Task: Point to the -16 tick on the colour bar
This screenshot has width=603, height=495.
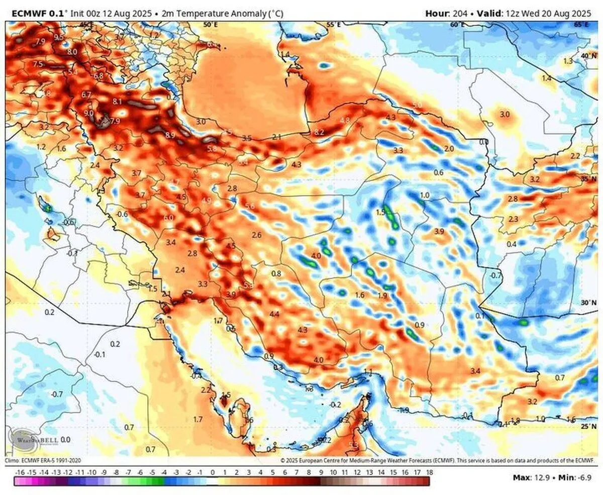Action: tap(20, 473)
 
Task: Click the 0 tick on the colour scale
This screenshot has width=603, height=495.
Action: tap(213, 473)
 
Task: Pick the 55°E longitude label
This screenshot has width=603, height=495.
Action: tap(333, 24)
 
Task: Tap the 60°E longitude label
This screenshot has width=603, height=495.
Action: tap(457, 24)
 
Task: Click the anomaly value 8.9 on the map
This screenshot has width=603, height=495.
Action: tap(170, 135)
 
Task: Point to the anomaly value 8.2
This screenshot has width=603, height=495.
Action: tap(319, 132)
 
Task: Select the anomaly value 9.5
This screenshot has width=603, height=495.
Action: tap(59, 37)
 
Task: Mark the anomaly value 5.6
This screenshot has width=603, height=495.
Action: tap(249, 207)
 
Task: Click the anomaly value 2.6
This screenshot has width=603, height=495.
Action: tap(257, 235)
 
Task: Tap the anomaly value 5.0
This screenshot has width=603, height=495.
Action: tap(417, 105)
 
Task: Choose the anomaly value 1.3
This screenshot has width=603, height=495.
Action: tap(568, 61)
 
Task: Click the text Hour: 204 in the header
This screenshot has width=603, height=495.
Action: tap(445, 14)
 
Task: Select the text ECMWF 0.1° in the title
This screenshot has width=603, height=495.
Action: tap(35, 14)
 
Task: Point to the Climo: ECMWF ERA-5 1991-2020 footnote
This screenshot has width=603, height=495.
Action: tap(43, 460)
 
